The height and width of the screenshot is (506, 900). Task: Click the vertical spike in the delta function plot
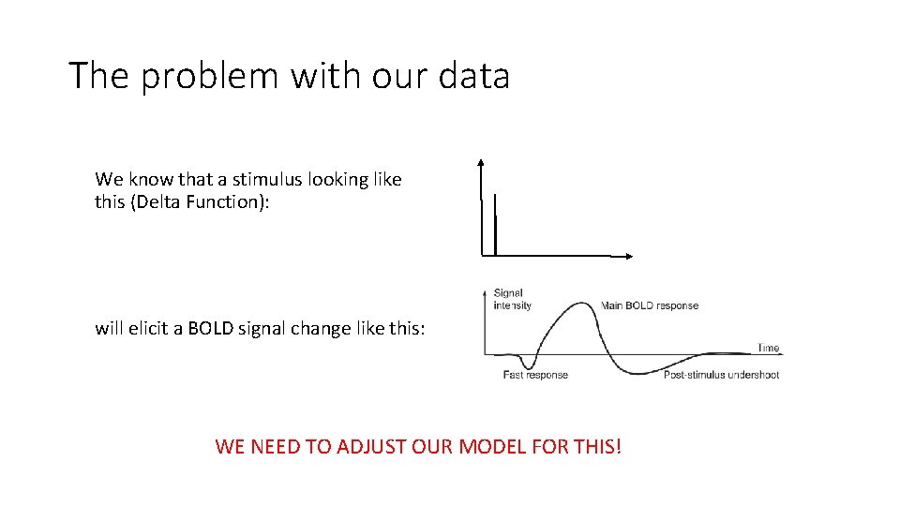tap(494, 225)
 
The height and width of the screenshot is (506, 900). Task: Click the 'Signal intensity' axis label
tap(512, 299)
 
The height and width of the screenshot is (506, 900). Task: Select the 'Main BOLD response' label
tap(650, 305)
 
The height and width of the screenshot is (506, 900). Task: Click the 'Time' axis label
tap(768, 348)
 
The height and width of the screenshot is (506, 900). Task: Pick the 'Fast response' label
tap(535, 375)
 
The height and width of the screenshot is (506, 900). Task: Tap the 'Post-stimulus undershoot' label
tap(721, 375)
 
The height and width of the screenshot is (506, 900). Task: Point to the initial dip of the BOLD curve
tap(529, 365)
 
